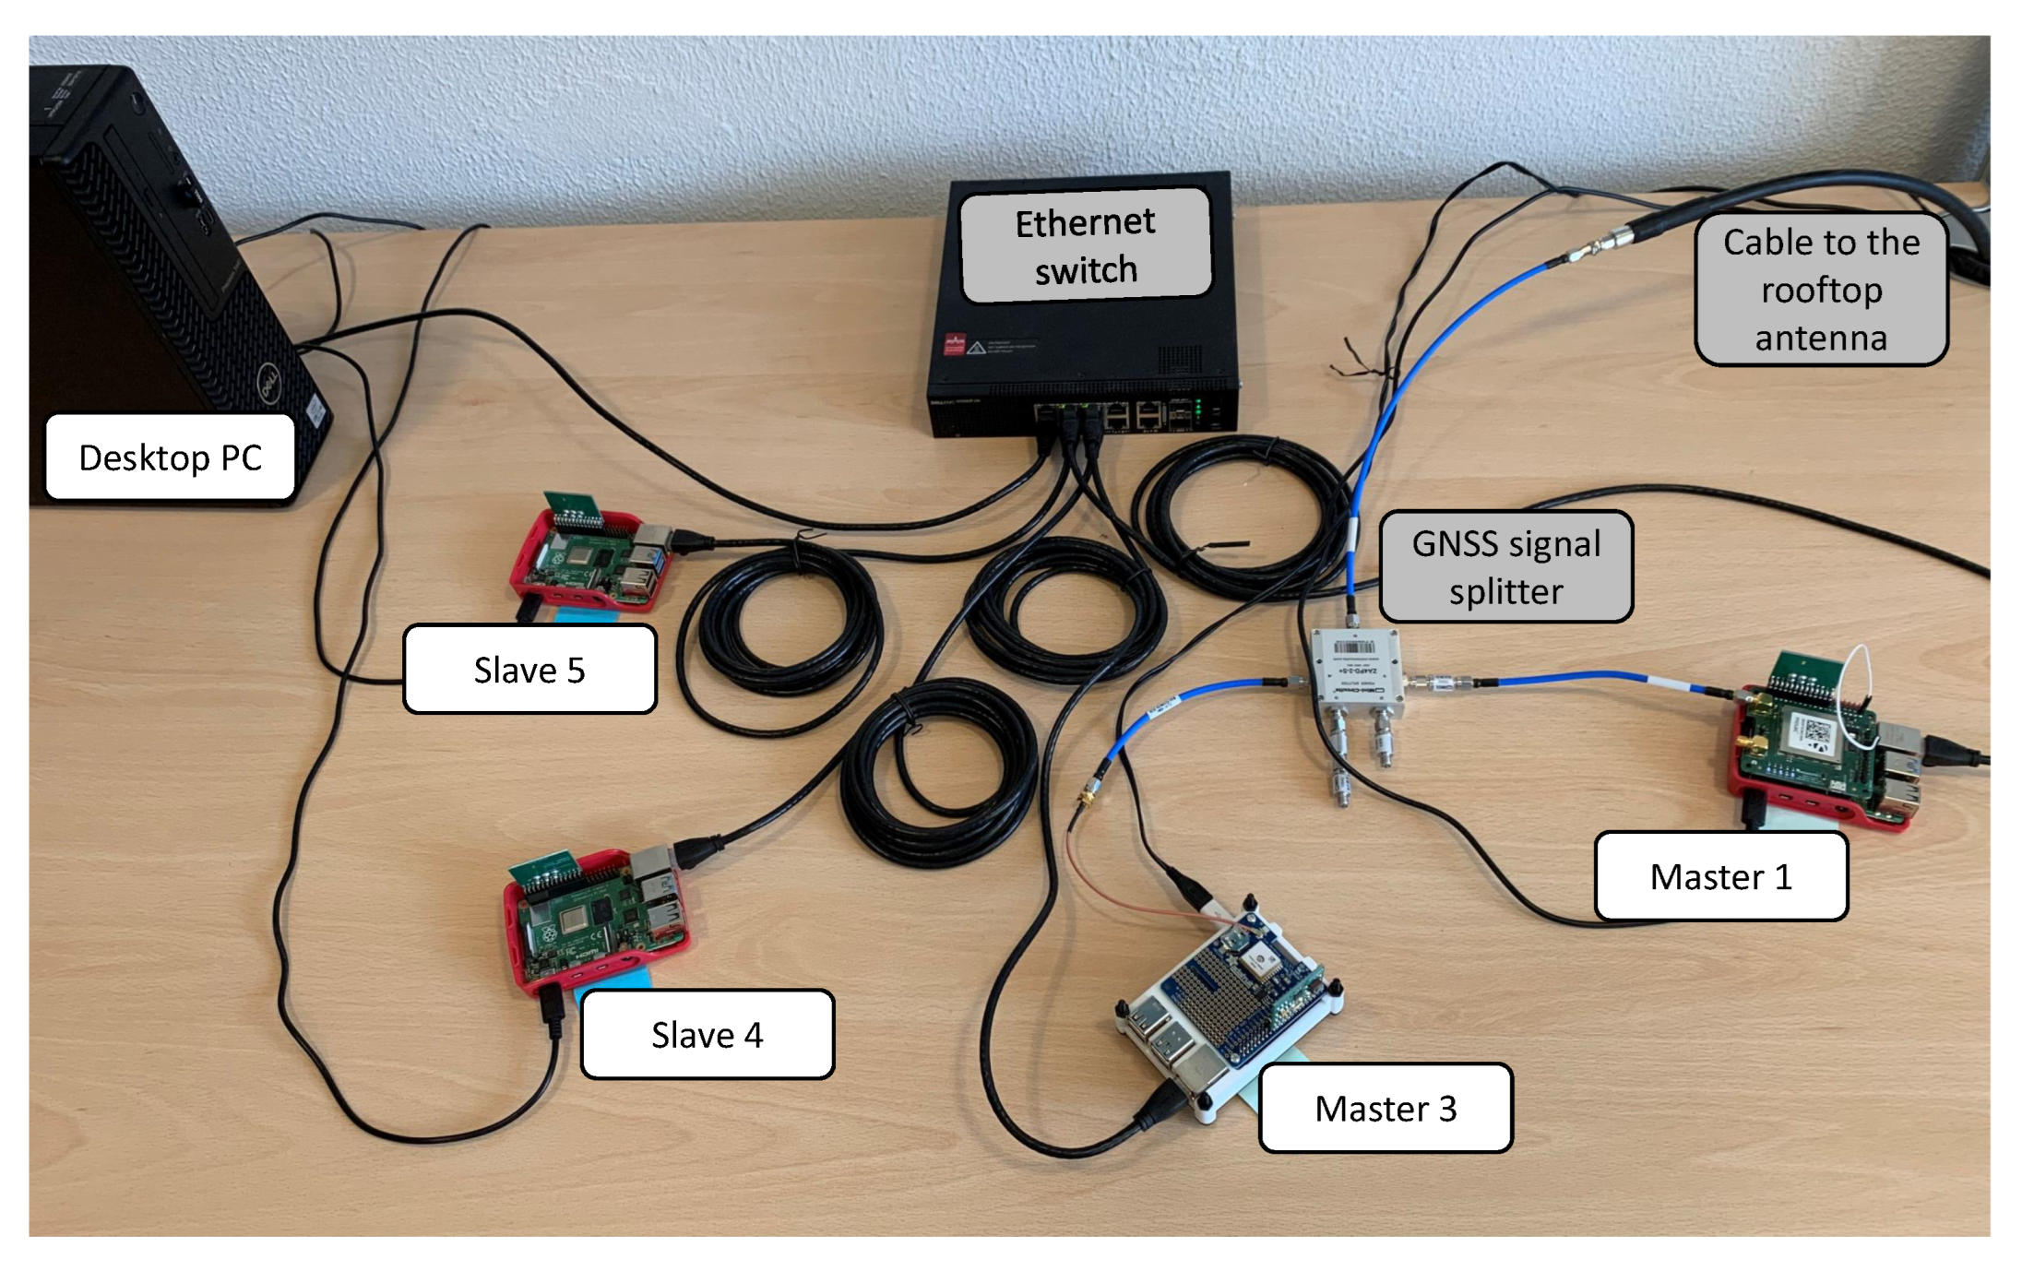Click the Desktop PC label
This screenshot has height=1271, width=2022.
[170, 457]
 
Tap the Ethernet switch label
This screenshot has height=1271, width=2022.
[1085, 245]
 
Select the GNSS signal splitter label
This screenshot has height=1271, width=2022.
[1505, 567]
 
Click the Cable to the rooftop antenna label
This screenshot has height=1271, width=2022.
[1821, 290]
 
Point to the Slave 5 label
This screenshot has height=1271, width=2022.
[529, 670]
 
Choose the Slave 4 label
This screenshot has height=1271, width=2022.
[707, 1035]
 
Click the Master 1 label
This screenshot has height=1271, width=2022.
[1720, 876]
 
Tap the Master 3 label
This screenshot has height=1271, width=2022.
[1385, 1108]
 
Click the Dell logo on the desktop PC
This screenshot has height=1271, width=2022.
[268, 381]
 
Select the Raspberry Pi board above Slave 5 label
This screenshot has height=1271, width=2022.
[590, 563]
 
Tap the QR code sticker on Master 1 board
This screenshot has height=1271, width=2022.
[1815, 731]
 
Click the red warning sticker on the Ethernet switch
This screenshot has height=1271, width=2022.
[954, 345]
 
